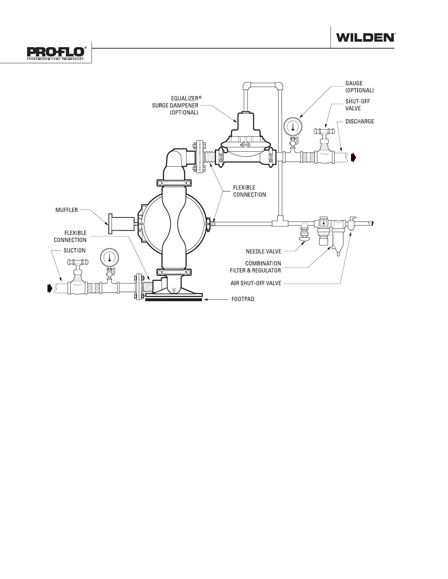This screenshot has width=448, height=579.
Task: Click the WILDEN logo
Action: point(365,37)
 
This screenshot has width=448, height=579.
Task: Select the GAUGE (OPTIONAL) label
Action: point(359,87)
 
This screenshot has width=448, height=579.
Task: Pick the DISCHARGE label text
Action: point(360,121)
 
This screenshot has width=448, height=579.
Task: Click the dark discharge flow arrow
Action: point(353,158)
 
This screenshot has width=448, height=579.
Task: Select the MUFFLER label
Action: point(67,210)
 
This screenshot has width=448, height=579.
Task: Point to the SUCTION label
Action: point(75,250)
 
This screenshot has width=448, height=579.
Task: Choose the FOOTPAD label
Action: point(243,299)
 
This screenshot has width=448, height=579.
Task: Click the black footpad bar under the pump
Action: point(173,300)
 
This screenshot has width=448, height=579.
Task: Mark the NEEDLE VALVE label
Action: point(264,251)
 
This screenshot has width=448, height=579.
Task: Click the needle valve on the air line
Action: point(304,234)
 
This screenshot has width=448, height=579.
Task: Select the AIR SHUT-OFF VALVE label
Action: point(256,283)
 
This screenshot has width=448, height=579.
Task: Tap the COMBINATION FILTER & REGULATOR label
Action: point(263,267)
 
